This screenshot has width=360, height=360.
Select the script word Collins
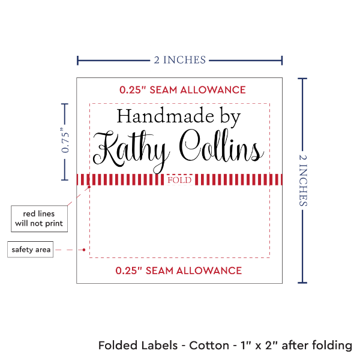point(222,147)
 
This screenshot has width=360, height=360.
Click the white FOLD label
point(179,179)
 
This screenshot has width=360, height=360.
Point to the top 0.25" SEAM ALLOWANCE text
point(182,90)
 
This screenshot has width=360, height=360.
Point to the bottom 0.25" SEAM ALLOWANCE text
point(179,270)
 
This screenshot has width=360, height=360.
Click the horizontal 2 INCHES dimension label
point(179,59)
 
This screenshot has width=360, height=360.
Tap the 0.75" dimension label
point(65,142)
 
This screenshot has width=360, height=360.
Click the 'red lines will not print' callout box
point(38,218)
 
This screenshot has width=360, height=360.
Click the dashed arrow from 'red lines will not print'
point(78,198)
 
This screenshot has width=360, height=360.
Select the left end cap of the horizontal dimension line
point(77,60)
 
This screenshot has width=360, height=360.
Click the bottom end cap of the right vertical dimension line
point(302,282)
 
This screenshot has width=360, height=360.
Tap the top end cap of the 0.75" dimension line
point(65,104)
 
